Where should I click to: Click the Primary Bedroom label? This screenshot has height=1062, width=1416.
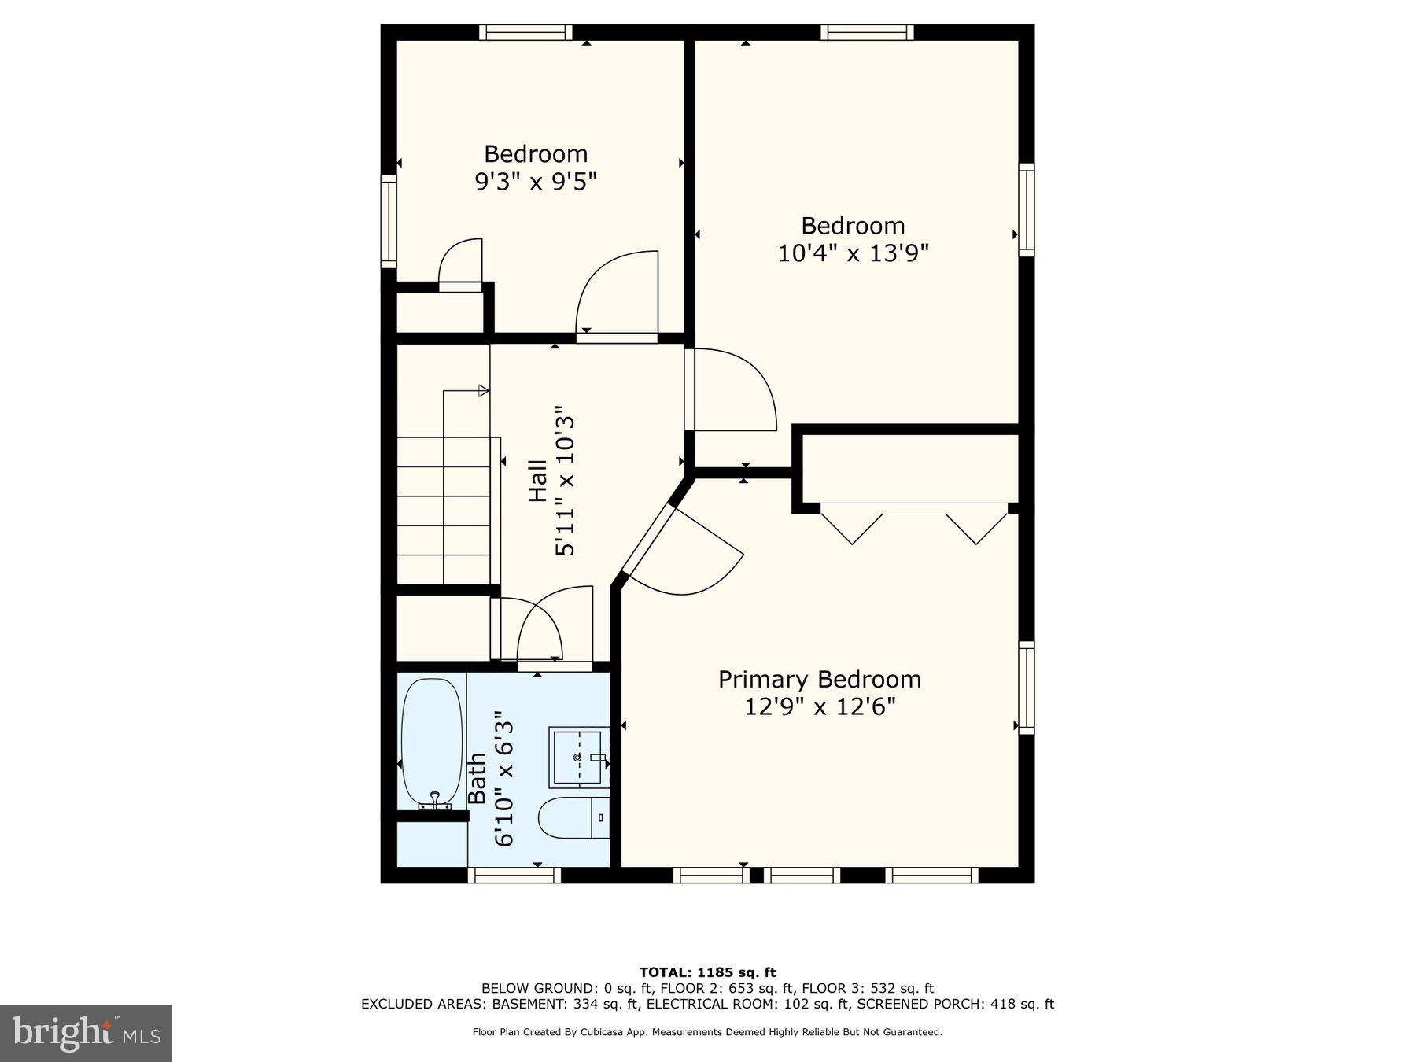pyautogui.click(x=820, y=679)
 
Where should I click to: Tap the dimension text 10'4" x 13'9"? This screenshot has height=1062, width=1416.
pyautogui.click(x=854, y=253)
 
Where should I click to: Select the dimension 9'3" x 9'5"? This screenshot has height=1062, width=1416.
pyautogui.click(x=536, y=182)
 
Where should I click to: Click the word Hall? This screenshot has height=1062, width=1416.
pyautogui.click(x=538, y=481)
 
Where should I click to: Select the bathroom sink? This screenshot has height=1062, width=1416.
pyautogui.click(x=579, y=757)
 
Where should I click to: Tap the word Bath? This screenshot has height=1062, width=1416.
pyautogui.click(x=477, y=779)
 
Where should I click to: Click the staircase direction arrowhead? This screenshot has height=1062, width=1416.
pyautogui.click(x=484, y=391)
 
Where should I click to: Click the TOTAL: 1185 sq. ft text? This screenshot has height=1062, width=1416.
pyautogui.click(x=707, y=972)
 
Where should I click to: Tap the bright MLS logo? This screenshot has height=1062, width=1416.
pyautogui.click(x=86, y=1033)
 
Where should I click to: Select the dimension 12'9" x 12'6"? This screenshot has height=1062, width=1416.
pyautogui.click(x=820, y=706)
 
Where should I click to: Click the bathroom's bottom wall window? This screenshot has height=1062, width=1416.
pyautogui.click(x=514, y=875)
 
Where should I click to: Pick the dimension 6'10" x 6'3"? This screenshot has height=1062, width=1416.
pyautogui.click(x=503, y=779)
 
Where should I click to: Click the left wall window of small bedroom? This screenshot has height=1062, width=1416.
pyautogui.click(x=389, y=222)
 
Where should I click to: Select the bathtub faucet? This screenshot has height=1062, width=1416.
pyautogui.click(x=435, y=799)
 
